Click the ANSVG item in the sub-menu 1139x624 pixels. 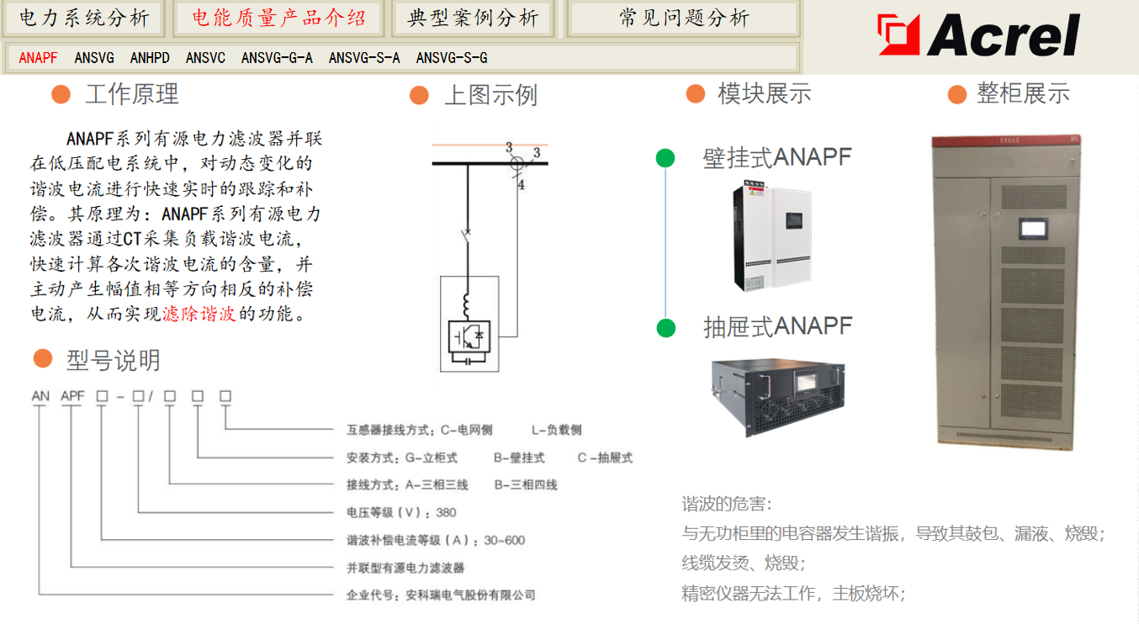94,58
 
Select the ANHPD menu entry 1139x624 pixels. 150,58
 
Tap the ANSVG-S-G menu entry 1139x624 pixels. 452,58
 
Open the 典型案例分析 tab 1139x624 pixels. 473,19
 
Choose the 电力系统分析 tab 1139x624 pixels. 84,19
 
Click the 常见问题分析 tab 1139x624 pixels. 684,19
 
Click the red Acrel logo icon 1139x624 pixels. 898,34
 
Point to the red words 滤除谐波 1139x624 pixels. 199,314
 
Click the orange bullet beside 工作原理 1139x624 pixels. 61,94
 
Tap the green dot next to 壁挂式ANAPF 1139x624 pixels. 665,157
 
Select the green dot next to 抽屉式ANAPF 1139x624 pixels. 665,328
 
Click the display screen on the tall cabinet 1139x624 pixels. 1033,228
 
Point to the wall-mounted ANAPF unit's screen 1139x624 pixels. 794,220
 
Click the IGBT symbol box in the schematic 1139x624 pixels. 469,336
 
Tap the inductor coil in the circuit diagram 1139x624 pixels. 466,306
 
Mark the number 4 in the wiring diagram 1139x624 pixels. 521,185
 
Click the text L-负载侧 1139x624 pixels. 556,431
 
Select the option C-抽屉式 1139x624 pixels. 605,457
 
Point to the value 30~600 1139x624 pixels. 505,540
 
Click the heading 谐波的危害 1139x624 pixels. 727,504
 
